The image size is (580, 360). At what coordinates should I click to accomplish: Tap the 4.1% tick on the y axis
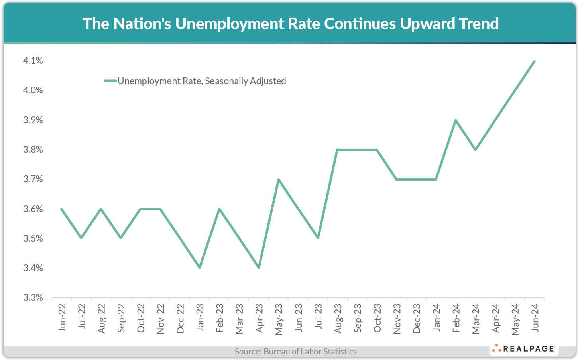(x=33, y=61)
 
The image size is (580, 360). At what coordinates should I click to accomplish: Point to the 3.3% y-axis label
(x=33, y=297)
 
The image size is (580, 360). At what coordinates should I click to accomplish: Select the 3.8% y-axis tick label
(x=33, y=150)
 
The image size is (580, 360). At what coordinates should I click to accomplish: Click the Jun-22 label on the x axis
(x=62, y=317)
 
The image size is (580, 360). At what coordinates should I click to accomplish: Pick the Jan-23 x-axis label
(x=200, y=317)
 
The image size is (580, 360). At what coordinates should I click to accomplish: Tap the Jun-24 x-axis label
(x=535, y=317)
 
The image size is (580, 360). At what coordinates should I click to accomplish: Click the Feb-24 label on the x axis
(x=456, y=318)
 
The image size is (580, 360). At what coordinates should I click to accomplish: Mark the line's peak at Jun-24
(x=534, y=61)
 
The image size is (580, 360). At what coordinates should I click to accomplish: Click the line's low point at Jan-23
(x=200, y=268)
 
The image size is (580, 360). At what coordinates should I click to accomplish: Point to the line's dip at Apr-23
(x=259, y=268)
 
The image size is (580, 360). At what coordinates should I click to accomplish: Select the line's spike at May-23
(x=278, y=179)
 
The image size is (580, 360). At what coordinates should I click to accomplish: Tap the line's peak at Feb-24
(x=456, y=120)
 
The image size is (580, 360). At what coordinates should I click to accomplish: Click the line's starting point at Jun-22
(x=61, y=209)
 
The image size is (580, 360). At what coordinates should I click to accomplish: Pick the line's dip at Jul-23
(x=318, y=238)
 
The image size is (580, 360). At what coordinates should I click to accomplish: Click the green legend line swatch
(x=110, y=81)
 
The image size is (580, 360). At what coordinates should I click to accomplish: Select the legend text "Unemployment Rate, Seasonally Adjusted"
(x=202, y=81)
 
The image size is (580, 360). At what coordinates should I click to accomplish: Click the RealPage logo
(x=524, y=349)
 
